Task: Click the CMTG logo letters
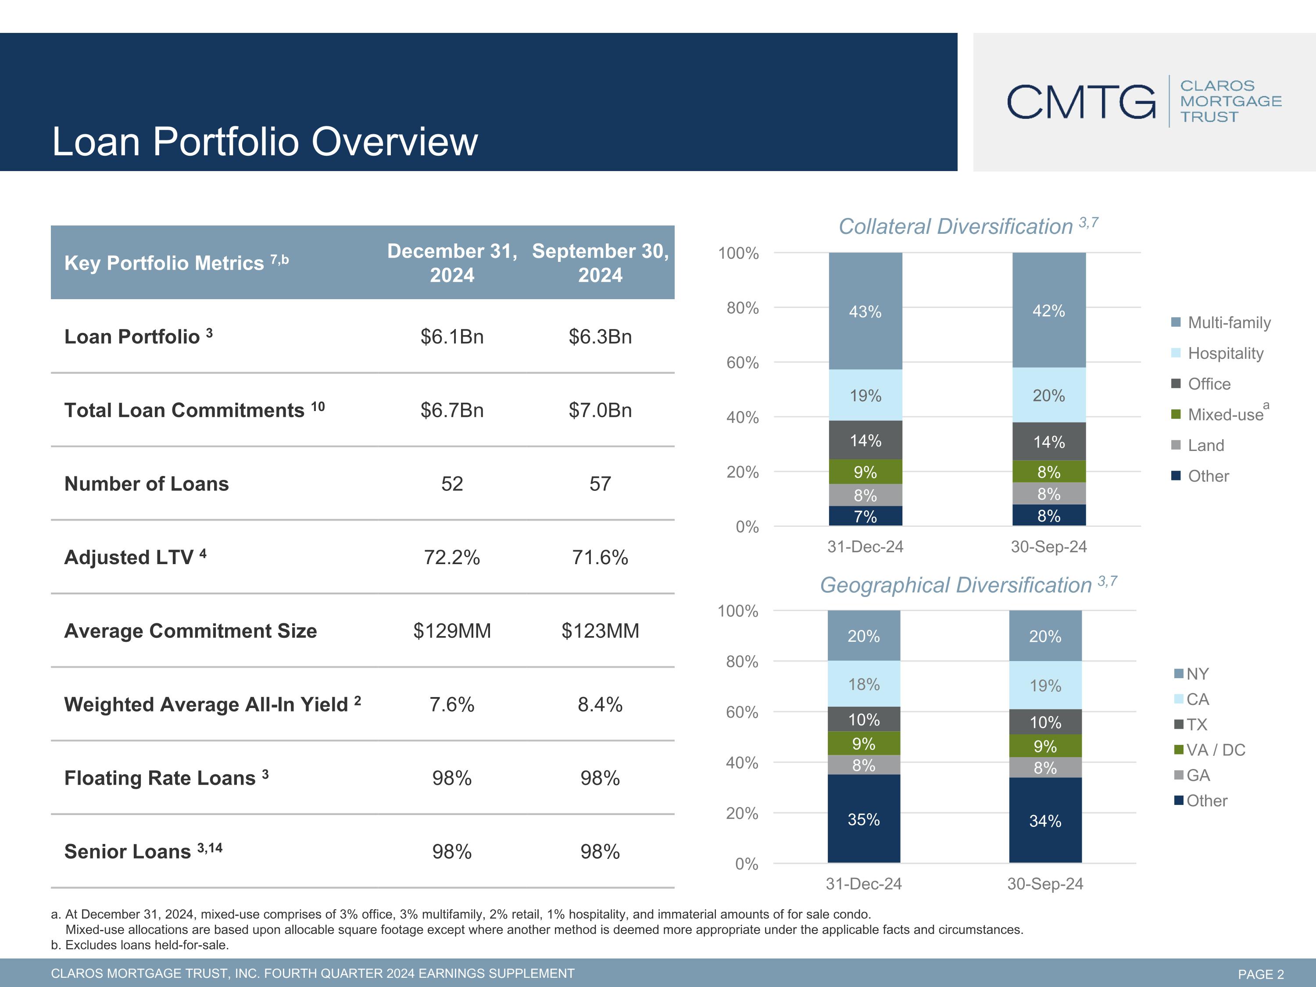tap(1081, 102)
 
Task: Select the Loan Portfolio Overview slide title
tap(265, 142)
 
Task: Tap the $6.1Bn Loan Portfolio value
tap(452, 337)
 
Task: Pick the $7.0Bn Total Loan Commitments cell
tap(600, 410)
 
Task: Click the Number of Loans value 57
tap(600, 484)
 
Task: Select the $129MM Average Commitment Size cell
tap(452, 631)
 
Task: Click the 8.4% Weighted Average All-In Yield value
tap(600, 704)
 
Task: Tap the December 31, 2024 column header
tap(452, 263)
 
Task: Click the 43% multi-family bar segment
tap(865, 311)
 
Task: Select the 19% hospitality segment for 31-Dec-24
tap(865, 395)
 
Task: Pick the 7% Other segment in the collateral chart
tap(865, 516)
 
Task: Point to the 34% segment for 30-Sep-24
tap(1045, 820)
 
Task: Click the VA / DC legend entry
tap(1209, 750)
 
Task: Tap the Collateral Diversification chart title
tap(968, 226)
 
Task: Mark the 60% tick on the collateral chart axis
tap(743, 362)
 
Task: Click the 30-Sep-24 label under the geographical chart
tap(1045, 883)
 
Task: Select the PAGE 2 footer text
tap(1261, 974)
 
